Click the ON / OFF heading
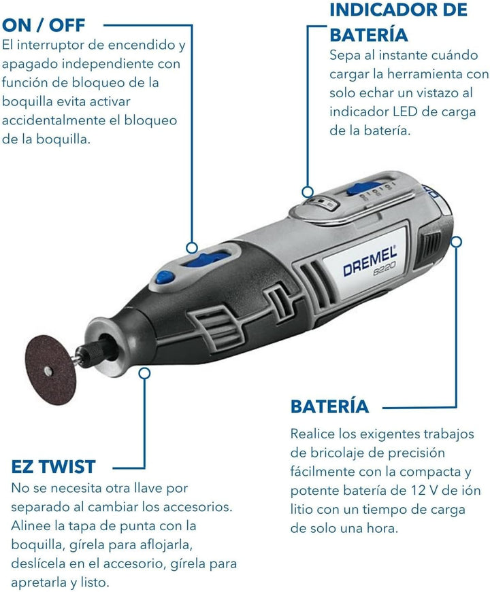(x=44, y=25)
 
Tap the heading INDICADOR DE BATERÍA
(x=398, y=22)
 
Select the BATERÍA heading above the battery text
(x=329, y=406)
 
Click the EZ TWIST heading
(x=54, y=466)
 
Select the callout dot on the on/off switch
(x=193, y=248)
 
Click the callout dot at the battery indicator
(x=308, y=192)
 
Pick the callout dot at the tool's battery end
(x=456, y=241)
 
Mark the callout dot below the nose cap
(x=144, y=372)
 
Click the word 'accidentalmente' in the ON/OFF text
(x=55, y=120)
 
